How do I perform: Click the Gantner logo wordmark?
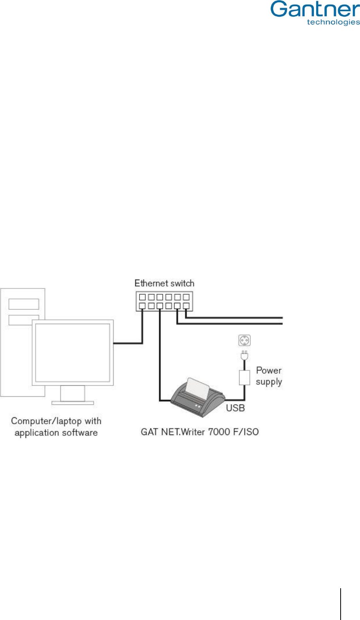click(315, 9)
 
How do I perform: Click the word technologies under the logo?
click(333, 22)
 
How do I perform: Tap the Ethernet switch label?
click(164, 283)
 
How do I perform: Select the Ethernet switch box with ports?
click(164, 301)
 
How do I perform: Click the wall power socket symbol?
click(244, 340)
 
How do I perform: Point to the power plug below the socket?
click(244, 355)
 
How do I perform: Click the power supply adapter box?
click(244, 377)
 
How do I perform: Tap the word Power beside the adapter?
click(269, 370)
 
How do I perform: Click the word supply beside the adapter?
click(269, 382)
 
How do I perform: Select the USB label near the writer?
click(235, 408)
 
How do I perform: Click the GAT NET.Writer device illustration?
click(198, 399)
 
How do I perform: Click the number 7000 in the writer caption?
click(219, 432)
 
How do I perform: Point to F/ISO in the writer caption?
click(246, 432)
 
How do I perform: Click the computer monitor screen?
click(72, 352)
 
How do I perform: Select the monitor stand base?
click(72, 403)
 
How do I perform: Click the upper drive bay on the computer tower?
click(24, 304)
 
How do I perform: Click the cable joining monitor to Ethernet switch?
click(128, 343)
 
